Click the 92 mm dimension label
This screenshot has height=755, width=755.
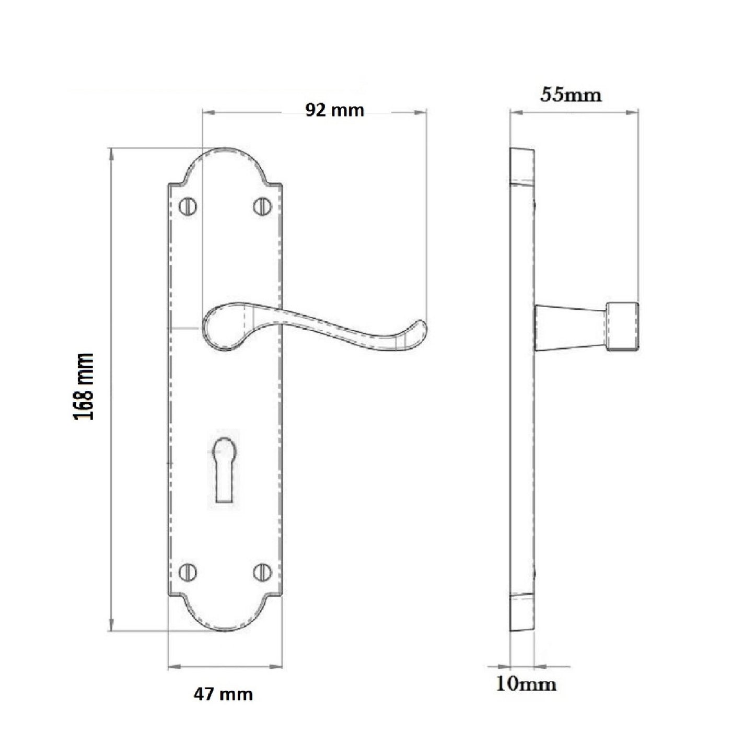[x=334, y=110]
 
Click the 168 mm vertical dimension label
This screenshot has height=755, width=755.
[x=84, y=387]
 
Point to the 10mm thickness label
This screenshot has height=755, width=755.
[x=526, y=684]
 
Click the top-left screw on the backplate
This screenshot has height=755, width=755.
[x=188, y=207]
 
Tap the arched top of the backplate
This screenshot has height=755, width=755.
[x=225, y=155]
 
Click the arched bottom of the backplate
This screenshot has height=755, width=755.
[x=225, y=624]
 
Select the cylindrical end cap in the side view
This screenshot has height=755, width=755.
[x=622, y=327]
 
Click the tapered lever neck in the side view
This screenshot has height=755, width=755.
[x=570, y=327]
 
